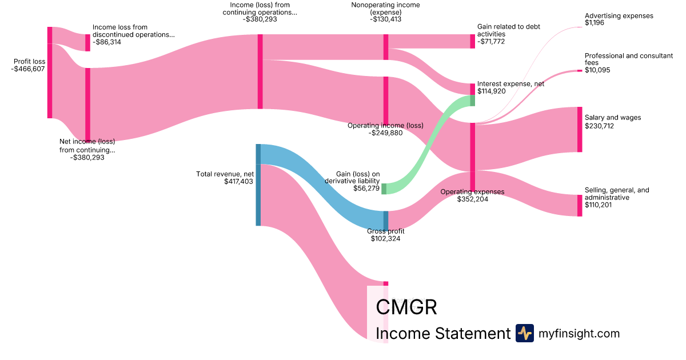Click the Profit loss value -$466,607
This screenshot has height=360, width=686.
(28, 69)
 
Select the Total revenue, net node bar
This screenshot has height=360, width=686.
(258, 185)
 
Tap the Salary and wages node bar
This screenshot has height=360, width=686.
(579, 129)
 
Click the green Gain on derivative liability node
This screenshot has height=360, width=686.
(384, 189)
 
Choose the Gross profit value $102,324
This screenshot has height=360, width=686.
(385, 239)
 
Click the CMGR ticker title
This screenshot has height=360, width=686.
(406, 307)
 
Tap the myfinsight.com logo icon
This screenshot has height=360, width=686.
(524, 333)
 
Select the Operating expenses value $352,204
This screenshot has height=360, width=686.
(473, 199)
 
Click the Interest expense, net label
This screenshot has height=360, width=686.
(510, 84)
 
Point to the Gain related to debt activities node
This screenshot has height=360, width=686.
(472, 41)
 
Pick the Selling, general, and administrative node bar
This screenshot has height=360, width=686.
(579, 206)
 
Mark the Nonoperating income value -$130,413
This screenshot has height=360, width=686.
(385, 19)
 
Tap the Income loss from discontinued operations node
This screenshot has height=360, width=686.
(87, 43)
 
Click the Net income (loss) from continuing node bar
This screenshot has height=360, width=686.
(87, 103)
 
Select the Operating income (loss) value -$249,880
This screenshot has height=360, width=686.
(385, 133)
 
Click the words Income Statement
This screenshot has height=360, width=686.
(442, 333)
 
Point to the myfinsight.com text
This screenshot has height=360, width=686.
(579, 333)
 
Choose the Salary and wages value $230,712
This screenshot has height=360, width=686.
(599, 126)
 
